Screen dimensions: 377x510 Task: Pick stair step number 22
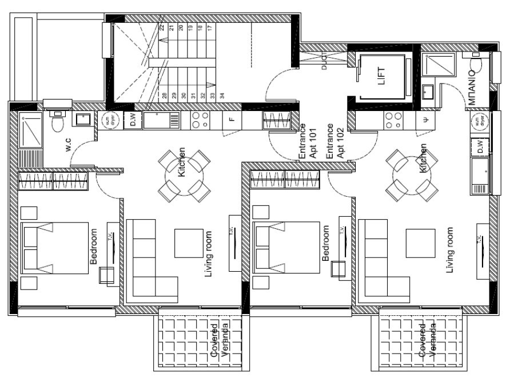click(162, 27)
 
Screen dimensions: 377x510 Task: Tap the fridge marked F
click(231, 120)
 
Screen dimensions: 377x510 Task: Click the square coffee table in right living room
click(420, 243)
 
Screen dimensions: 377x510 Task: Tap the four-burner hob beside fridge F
click(200, 119)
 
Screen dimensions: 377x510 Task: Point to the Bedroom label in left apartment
click(94, 247)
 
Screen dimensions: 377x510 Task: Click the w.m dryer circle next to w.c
click(109, 120)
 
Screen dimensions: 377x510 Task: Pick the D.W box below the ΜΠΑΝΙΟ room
click(479, 148)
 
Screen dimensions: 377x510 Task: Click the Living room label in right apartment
click(449, 250)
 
